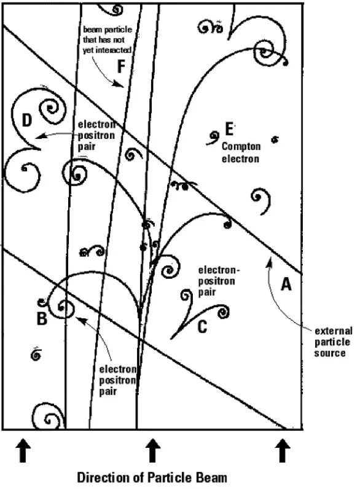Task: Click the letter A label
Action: point(286,284)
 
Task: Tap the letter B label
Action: point(42,318)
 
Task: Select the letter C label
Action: point(202,327)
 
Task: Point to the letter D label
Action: point(27,120)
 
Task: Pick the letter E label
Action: point(229,129)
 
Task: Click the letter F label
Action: point(121,66)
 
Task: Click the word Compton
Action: point(241,147)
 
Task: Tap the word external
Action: point(333,331)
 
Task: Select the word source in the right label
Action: point(330,353)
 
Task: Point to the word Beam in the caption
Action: point(211,477)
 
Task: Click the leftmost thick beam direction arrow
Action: point(23,450)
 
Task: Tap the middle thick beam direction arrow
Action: point(152,450)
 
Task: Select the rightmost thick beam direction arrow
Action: point(283,450)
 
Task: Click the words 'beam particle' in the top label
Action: point(108,29)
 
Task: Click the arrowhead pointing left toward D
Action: point(39,136)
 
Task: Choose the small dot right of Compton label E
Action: point(275,139)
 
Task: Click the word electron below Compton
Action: point(241,158)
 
